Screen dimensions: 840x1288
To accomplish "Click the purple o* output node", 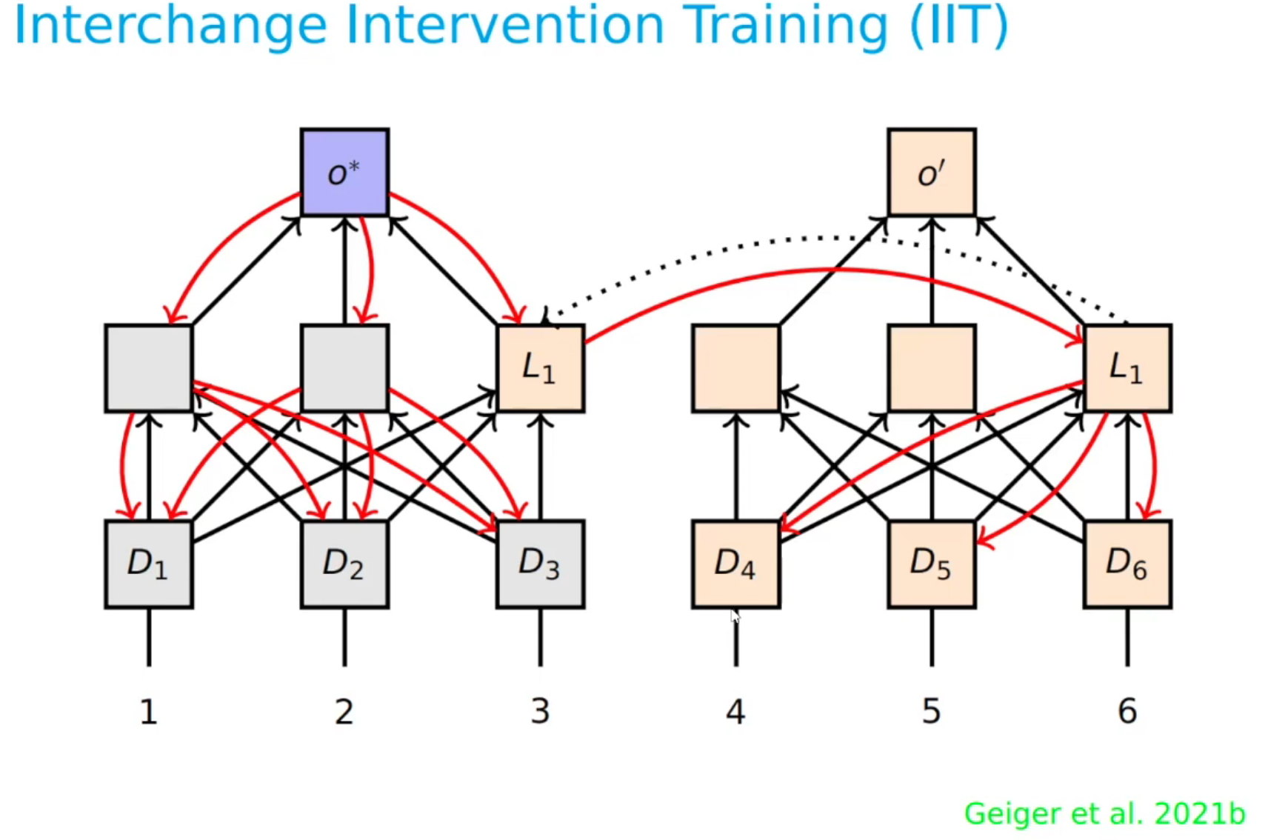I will click(344, 173).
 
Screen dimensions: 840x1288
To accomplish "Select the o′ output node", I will click(931, 173).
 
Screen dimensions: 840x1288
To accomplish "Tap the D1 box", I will click(149, 564).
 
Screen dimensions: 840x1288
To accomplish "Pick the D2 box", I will click(344, 564).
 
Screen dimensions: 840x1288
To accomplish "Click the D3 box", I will click(540, 564).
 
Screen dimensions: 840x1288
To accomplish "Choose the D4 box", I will click(735, 564).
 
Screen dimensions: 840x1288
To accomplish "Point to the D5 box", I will click(931, 564).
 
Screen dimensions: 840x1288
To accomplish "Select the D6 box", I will click(1127, 564).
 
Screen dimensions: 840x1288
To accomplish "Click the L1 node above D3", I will click(540, 368).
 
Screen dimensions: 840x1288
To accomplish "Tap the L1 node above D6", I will click(1127, 368).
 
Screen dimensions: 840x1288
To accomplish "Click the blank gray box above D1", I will click(149, 368).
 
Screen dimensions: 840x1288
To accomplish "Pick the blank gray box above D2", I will click(344, 368).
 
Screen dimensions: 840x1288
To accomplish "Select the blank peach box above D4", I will click(735, 368).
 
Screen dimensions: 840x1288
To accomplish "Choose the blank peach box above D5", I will click(931, 368).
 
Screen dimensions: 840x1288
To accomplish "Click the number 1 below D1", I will click(149, 712).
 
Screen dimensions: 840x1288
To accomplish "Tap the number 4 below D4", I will click(735, 712).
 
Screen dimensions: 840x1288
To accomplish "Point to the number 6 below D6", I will click(1127, 712).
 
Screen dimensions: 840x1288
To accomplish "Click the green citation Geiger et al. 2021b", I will click(1104, 813).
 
